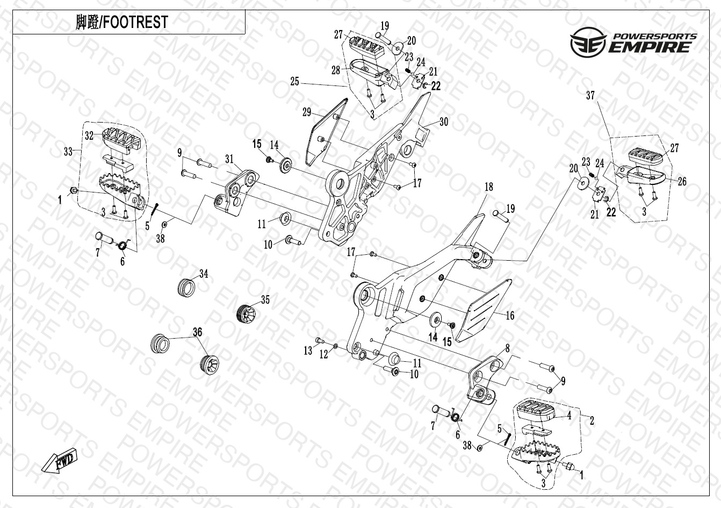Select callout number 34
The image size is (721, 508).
(203, 274)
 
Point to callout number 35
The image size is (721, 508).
(265, 300)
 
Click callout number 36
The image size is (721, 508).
(198, 333)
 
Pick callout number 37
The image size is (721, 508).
(590, 96)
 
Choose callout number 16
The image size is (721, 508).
(510, 315)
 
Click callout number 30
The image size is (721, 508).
(443, 121)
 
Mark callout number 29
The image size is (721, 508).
(307, 112)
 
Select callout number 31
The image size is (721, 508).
(229, 159)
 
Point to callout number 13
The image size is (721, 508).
(308, 350)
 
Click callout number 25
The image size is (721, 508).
(295, 82)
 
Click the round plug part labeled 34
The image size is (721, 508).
(186, 287)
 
